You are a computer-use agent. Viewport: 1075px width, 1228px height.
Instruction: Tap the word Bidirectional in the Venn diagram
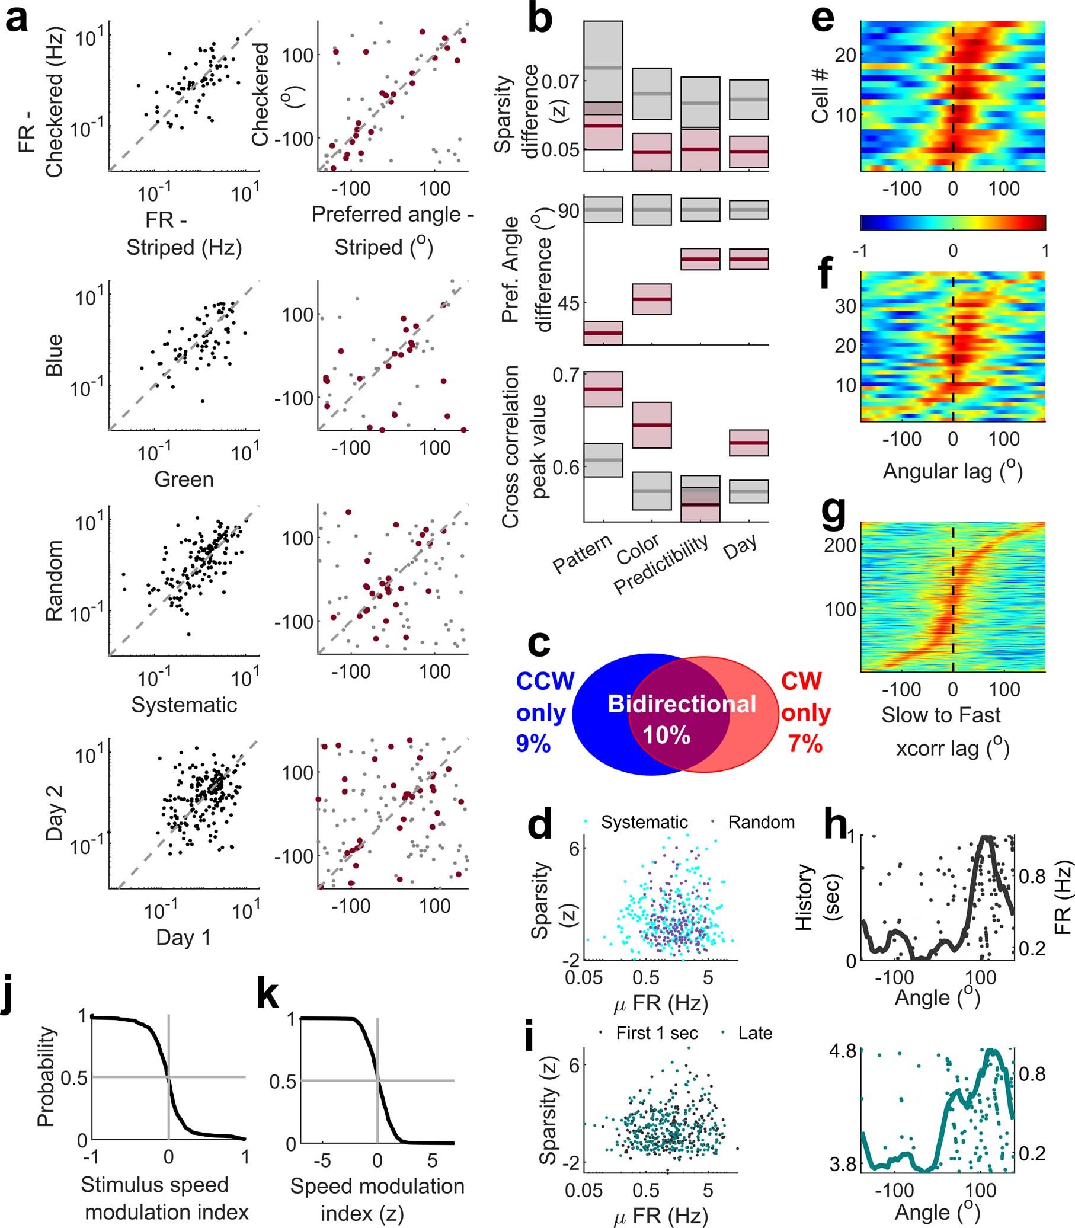(x=682, y=704)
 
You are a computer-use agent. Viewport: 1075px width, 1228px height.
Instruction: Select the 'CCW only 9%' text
(x=545, y=713)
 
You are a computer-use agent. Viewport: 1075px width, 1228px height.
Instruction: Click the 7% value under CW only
(x=805, y=744)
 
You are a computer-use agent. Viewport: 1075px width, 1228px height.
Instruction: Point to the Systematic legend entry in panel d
(x=644, y=822)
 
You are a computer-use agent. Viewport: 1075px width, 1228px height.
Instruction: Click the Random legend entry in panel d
(x=761, y=822)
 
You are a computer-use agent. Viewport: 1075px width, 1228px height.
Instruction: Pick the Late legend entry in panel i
(x=754, y=1033)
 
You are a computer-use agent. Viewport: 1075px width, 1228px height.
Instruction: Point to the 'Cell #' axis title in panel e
(x=820, y=96)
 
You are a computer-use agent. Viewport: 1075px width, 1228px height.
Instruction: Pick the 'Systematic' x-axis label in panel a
(x=184, y=705)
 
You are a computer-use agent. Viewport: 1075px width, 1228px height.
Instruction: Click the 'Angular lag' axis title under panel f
(x=952, y=471)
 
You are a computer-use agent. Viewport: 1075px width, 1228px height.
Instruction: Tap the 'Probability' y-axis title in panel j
(x=47, y=1077)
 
